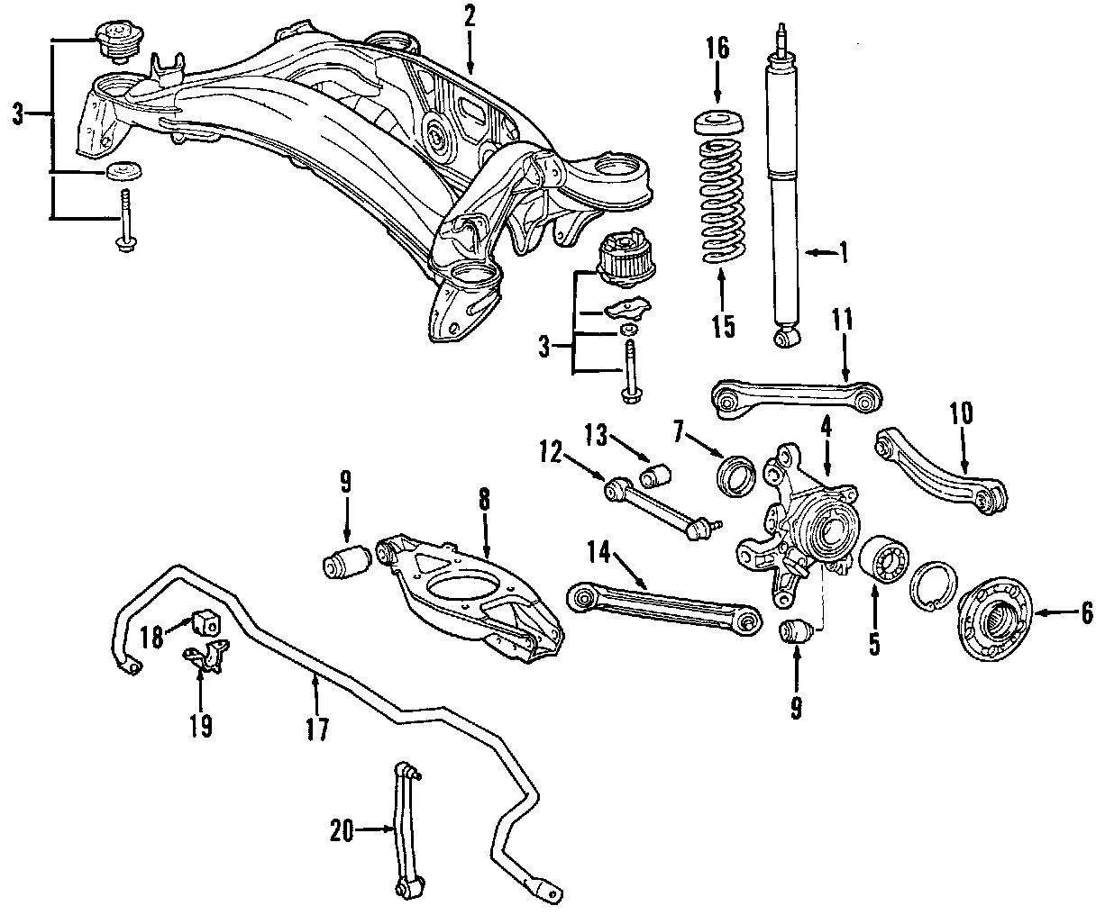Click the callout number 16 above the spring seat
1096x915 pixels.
pyautogui.click(x=717, y=48)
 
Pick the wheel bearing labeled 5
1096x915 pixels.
pyautogui.click(x=882, y=564)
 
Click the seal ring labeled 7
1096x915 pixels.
pyautogui.click(x=736, y=474)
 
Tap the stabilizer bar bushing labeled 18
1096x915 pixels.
pyautogui.click(x=205, y=621)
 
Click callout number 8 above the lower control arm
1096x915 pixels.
pyautogui.click(x=484, y=501)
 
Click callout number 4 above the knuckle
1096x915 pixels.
pyautogui.click(x=827, y=423)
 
